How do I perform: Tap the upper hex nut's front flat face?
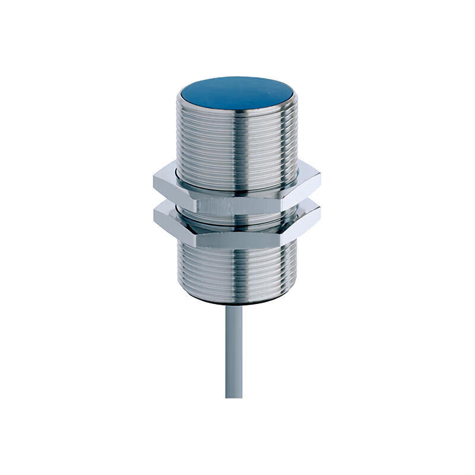(x=237, y=205)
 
